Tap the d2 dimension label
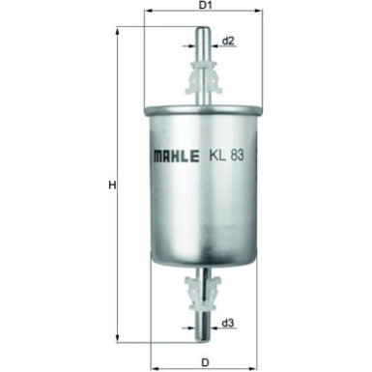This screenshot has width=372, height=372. pos(228,42)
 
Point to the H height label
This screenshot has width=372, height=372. pos(112,186)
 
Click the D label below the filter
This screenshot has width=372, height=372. pos(204,362)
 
